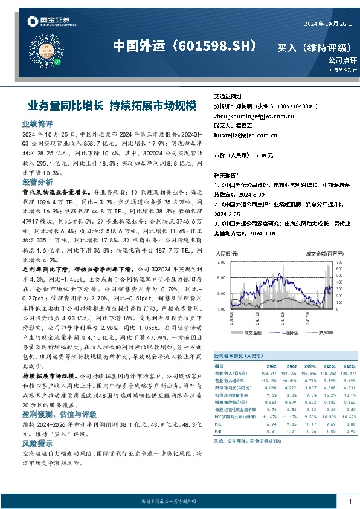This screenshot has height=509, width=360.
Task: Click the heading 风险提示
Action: point(36,443)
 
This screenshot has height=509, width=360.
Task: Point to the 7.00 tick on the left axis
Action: point(220,263)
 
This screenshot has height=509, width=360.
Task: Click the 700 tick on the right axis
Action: point(339,263)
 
